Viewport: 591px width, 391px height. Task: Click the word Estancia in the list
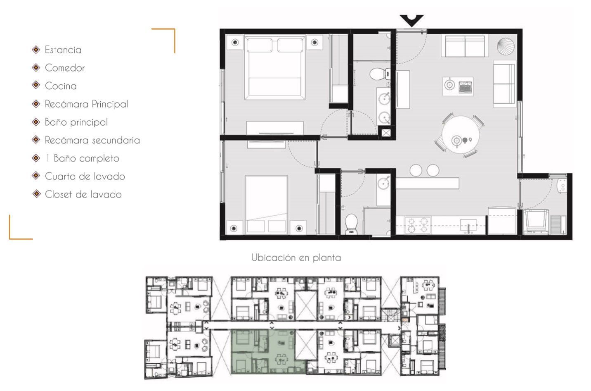tap(63, 50)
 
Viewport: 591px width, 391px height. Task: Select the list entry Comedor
tap(65, 68)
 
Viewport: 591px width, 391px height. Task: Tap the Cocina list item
tap(61, 86)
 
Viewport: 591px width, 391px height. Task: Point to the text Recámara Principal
tap(87, 104)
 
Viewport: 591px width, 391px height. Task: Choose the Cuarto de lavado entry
tap(85, 176)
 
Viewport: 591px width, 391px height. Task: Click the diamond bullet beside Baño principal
tap(36, 122)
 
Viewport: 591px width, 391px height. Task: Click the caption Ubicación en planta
tap(296, 257)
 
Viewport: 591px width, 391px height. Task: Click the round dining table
tap(461, 134)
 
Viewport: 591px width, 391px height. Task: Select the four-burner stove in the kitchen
tap(417, 225)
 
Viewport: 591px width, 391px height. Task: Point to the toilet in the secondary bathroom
tap(351, 224)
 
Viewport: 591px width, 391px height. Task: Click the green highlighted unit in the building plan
tap(268, 352)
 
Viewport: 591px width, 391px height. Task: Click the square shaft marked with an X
tap(386, 133)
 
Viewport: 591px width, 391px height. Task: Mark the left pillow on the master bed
tap(260, 45)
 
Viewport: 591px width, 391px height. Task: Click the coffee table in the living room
tap(458, 86)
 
